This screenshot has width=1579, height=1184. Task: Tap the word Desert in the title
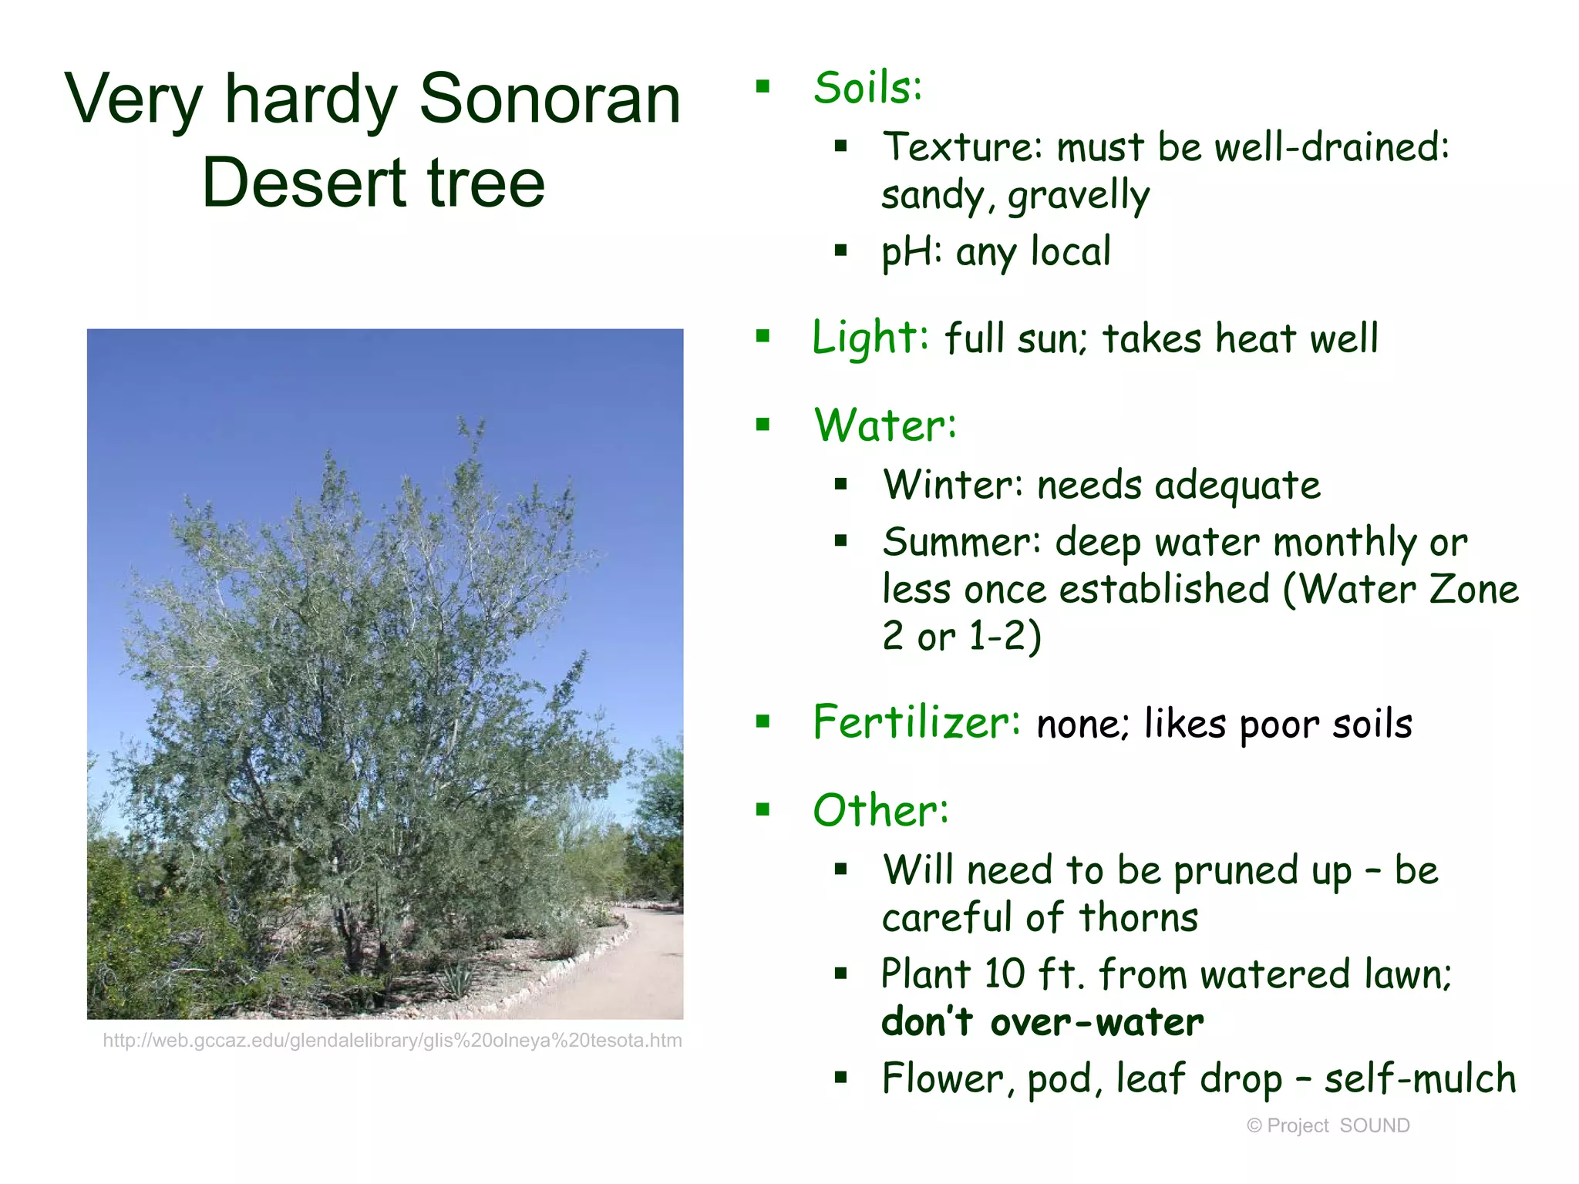[x=304, y=183]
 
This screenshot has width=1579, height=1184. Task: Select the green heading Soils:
[x=867, y=87]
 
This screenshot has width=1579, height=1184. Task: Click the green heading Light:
[x=870, y=338]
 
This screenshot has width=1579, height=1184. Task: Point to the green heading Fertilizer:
[x=917, y=722]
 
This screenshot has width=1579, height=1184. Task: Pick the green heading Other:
[x=880, y=810]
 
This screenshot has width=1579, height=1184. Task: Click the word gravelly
[x=1079, y=195]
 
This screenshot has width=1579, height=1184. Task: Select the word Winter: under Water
[x=953, y=485]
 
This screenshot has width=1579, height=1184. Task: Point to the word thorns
[x=1138, y=917]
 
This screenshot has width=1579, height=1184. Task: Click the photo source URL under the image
[x=392, y=1041]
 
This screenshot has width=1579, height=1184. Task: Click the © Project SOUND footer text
[x=1328, y=1125]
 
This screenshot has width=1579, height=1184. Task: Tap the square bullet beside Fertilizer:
[x=763, y=721]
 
